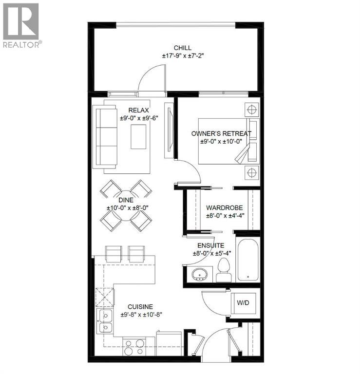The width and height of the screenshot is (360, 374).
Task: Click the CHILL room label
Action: click(182, 48)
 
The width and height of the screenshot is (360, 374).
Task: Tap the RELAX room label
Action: click(139, 111)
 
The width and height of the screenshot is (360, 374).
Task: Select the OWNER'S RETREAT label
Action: click(222, 133)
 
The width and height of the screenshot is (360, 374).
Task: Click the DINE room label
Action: click(126, 200)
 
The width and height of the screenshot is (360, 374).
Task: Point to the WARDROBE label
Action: click(224, 208)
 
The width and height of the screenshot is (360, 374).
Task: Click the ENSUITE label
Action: click(211, 245)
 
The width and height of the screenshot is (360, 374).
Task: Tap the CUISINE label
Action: click(140, 306)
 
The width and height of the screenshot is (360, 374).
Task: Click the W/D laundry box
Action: click(243, 302)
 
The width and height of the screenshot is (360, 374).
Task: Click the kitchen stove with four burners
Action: click(133, 347)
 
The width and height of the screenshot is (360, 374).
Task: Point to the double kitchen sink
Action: click(105, 321)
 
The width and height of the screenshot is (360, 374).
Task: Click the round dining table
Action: click(126, 206)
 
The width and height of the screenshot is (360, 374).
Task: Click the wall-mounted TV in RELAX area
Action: click(169, 130)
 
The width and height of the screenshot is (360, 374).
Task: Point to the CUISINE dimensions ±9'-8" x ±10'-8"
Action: click(141, 315)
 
